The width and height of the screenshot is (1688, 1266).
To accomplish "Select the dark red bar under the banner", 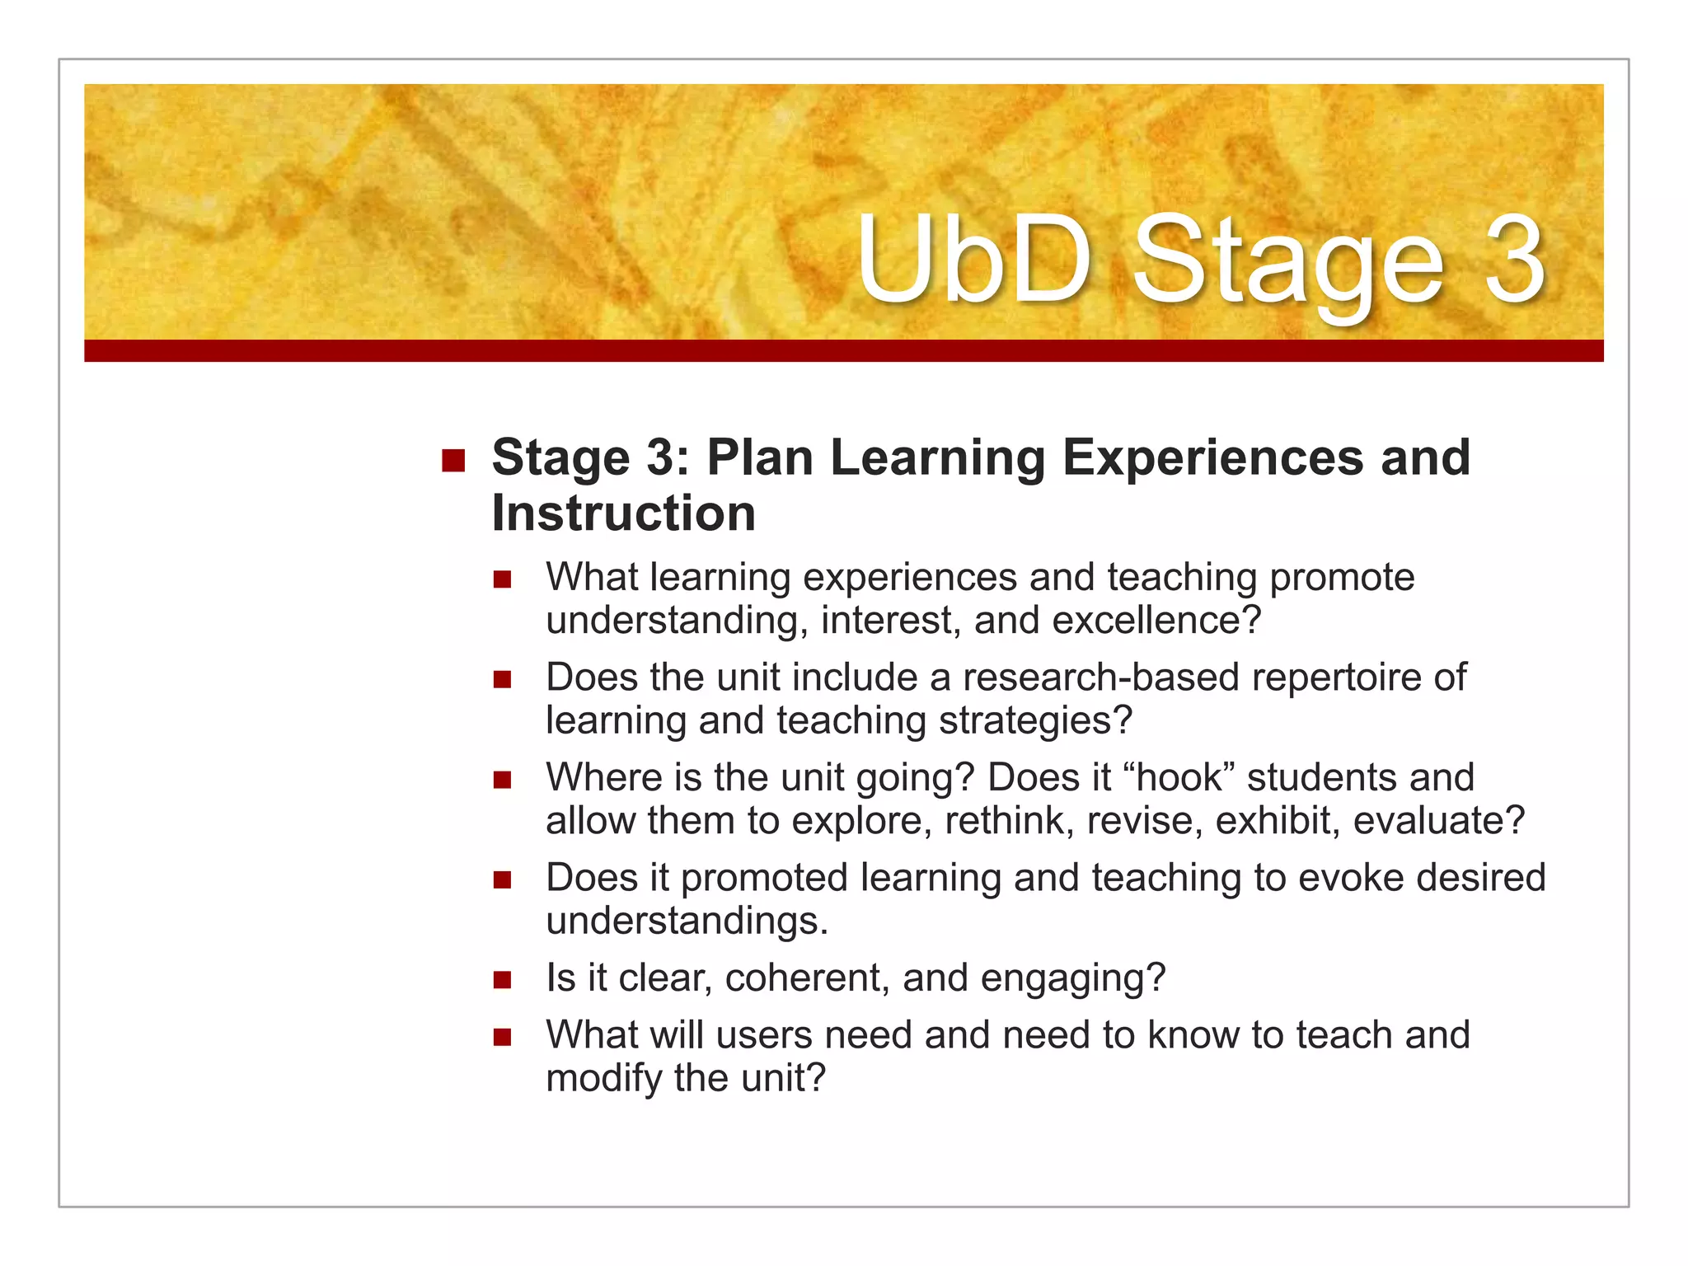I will (843, 350).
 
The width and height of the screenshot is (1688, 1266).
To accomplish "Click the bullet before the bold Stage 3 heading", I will (453, 459).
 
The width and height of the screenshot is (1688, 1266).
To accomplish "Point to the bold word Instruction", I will (623, 513).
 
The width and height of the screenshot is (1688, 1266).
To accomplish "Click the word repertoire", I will (1335, 678).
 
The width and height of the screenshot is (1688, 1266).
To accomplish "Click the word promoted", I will (763, 878).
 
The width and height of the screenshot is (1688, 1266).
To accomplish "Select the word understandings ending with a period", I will (686, 921).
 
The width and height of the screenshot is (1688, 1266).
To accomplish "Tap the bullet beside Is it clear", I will (503, 980).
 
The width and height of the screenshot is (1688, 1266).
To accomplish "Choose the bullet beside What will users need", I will (503, 1037).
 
